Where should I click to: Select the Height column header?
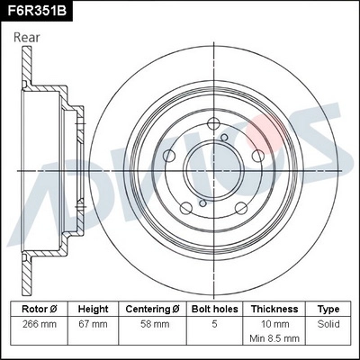pos(93,308)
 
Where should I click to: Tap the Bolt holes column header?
pos(213,308)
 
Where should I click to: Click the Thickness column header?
pos(274,308)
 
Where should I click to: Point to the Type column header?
pos(328,308)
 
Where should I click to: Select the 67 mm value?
pos(93,322)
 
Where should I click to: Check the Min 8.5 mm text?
pos(274,339)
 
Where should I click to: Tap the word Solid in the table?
pos(328,322)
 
